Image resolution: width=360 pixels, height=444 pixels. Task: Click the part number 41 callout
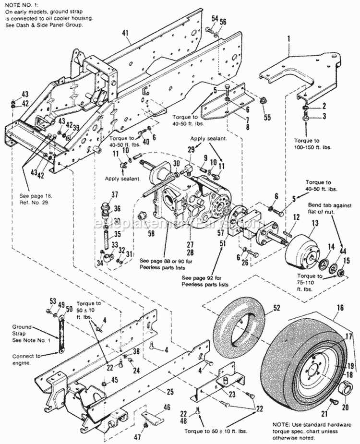[x=126, y=33]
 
